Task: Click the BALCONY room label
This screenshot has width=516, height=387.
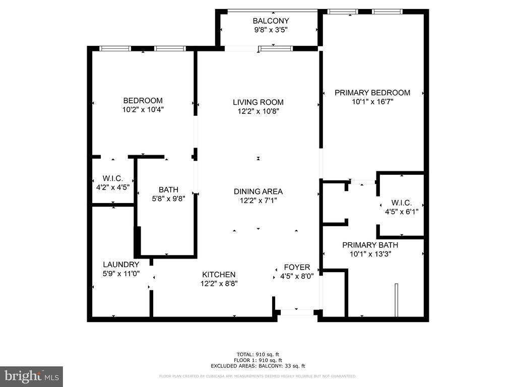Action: (x=271, y=21)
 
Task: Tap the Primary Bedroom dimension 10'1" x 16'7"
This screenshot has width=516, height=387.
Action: (x=372, y=102)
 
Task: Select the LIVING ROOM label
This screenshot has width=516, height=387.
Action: (x=258, y=102)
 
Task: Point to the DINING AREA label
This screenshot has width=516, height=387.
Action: (x=258, y=191)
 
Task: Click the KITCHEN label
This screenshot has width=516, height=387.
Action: (x=219, y=275)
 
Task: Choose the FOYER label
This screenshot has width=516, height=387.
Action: (x=297, y=267)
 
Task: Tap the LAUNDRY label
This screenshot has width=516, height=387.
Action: (x=121, y=265)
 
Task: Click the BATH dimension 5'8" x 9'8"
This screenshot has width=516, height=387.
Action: (x=168, y=199)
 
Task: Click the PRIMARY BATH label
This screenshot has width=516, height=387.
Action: (x=370, y=245)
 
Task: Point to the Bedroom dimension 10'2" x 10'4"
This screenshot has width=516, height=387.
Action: (x=143, y=109)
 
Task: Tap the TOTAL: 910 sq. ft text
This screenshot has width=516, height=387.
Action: (x=258, y=354)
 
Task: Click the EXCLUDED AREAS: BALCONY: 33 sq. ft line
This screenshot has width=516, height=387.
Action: (x=258, y=366)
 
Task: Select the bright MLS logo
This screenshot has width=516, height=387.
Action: (x=32, y=376)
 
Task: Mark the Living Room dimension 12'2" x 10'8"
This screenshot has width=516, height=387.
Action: (x=259, y=111)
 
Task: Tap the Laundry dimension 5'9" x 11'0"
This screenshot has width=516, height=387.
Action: (x=121, y=274)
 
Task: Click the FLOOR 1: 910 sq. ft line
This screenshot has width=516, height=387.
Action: (x=258, y=360)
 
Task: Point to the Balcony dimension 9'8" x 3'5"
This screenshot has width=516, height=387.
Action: (x=271, y=30)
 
